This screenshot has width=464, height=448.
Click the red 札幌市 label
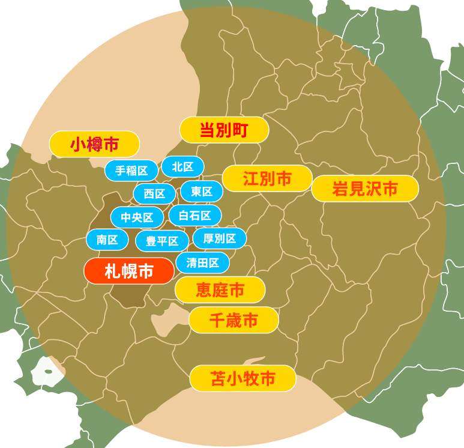(129, 271)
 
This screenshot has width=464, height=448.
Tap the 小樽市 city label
(94, 144)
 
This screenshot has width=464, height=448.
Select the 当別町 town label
(224, 130)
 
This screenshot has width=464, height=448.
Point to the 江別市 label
(267, 178)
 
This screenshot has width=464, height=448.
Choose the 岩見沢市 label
(365, 189)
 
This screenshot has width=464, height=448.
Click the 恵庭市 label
(220, 290)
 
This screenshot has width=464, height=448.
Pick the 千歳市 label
(234, 320)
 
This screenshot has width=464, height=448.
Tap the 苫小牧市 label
(243, 378)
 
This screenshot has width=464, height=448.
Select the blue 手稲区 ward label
(131, 171)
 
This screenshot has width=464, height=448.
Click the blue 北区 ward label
(182, 166)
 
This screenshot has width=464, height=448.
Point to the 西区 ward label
(154, 193)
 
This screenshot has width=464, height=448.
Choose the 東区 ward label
(202, 192)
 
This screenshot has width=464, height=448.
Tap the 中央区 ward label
(137, 217)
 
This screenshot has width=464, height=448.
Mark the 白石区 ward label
(195, 215)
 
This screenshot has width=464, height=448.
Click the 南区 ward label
(107, 240)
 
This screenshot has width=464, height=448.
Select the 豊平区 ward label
(162, 241)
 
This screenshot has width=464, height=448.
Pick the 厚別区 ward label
(219, 238)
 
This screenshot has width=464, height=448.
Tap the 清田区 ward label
(202, 262)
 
